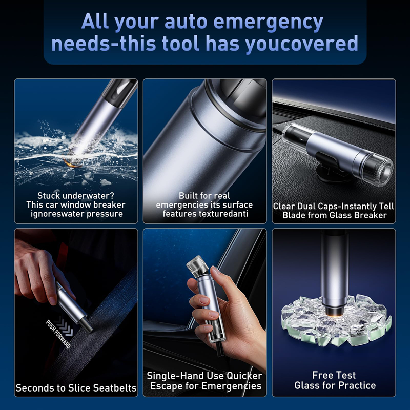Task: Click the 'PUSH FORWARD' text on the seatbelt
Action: coord(58,334)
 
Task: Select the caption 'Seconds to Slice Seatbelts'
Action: coord(76,388)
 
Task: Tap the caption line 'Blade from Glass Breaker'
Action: coord(335,215)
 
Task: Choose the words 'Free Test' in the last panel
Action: coord(334,375)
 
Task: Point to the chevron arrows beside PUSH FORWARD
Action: coord(65,325)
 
